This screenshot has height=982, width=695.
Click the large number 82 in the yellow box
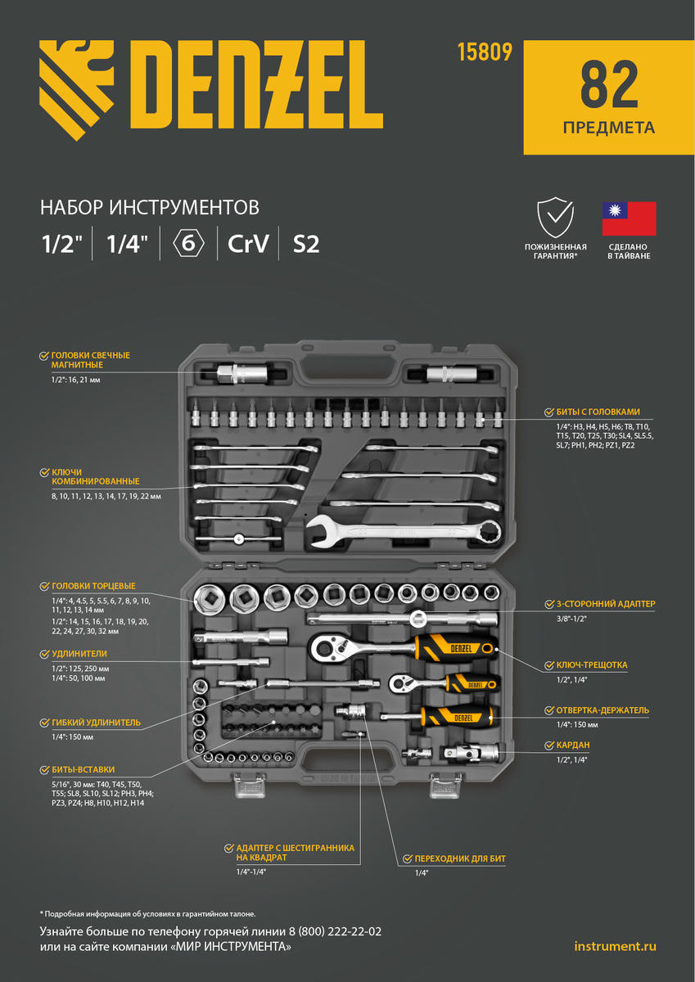(x=608, y=84)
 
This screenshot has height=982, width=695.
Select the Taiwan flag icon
(x=629, y=218)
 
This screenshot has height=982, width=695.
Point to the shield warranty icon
(x=556, y=218)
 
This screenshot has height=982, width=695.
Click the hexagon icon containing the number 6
(x=188, y=244)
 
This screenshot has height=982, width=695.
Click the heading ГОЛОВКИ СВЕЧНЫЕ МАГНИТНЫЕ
(x=90, y=360)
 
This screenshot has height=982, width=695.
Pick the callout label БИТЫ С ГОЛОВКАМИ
(x=598, y=412)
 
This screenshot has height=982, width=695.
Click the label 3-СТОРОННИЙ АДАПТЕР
(x=605, y=604)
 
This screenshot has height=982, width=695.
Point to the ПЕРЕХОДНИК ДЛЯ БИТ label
(x=458, y=858)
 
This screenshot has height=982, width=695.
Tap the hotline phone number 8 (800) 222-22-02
(x=328, y=932)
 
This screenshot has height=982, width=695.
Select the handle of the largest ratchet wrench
(x=454, y=650)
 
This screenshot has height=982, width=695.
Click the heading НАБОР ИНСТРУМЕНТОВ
(x=150, y=205)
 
